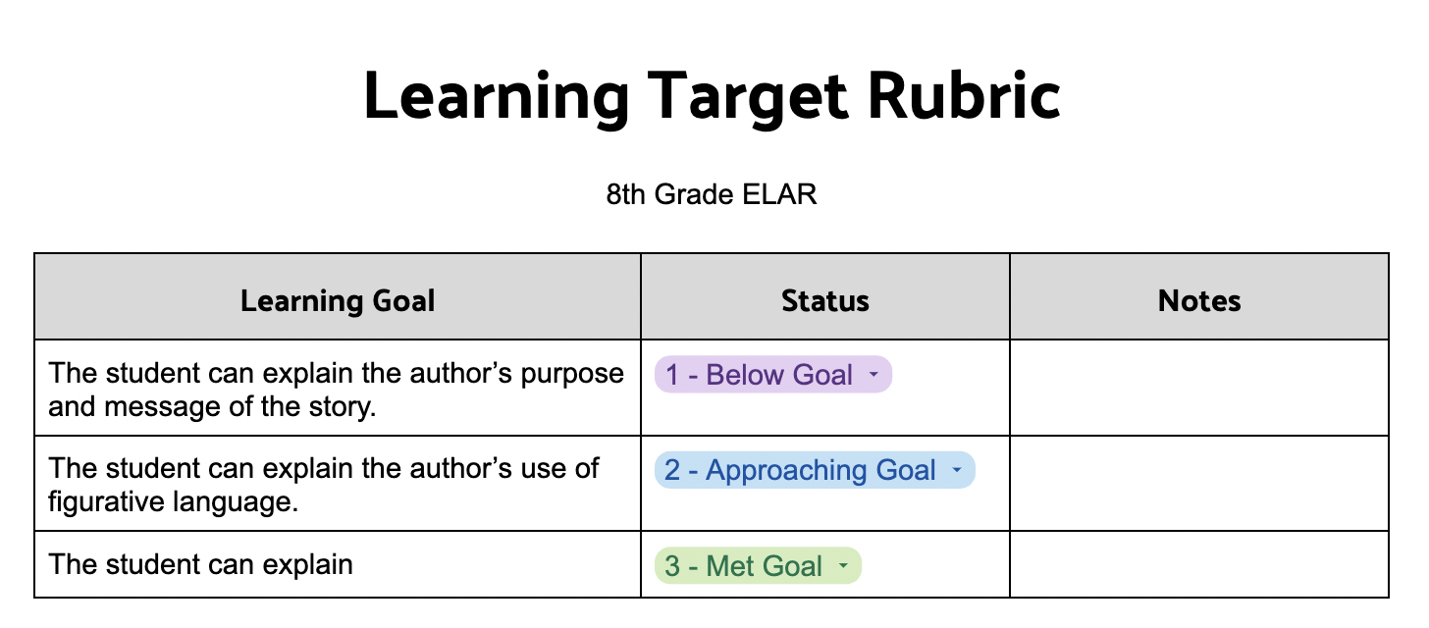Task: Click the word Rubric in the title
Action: (964, 95)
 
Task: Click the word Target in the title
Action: (748, 99)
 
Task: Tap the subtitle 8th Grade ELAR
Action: (712, 194)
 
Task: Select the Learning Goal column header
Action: (338, 301)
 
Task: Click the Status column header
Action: (824, 300)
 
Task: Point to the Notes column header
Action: (1199, 300)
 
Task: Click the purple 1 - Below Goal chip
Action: (773, 374)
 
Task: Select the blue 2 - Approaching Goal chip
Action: (815, 470)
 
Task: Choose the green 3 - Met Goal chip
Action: (758, 565)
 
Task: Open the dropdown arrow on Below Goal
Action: (873, 375)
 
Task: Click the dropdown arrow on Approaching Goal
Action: (956, 471)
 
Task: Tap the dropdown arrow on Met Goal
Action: (843, 566)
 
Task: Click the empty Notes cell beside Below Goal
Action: (1199, 388)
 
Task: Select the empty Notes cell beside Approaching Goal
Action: (1199, 484)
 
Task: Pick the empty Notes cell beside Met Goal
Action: (1199, 564)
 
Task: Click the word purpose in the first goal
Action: (572, 375)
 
